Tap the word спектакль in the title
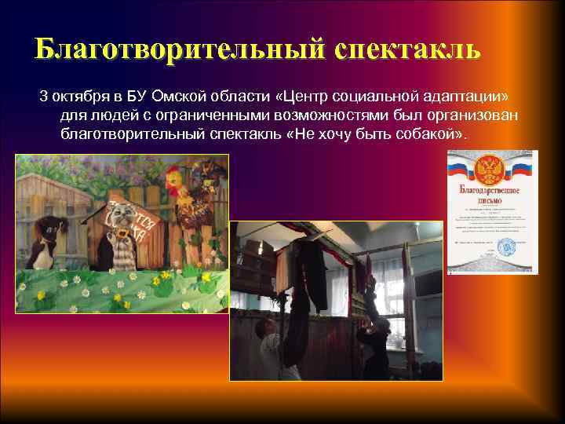click(x=406, y=48)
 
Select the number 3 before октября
click(x=44, y=97)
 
